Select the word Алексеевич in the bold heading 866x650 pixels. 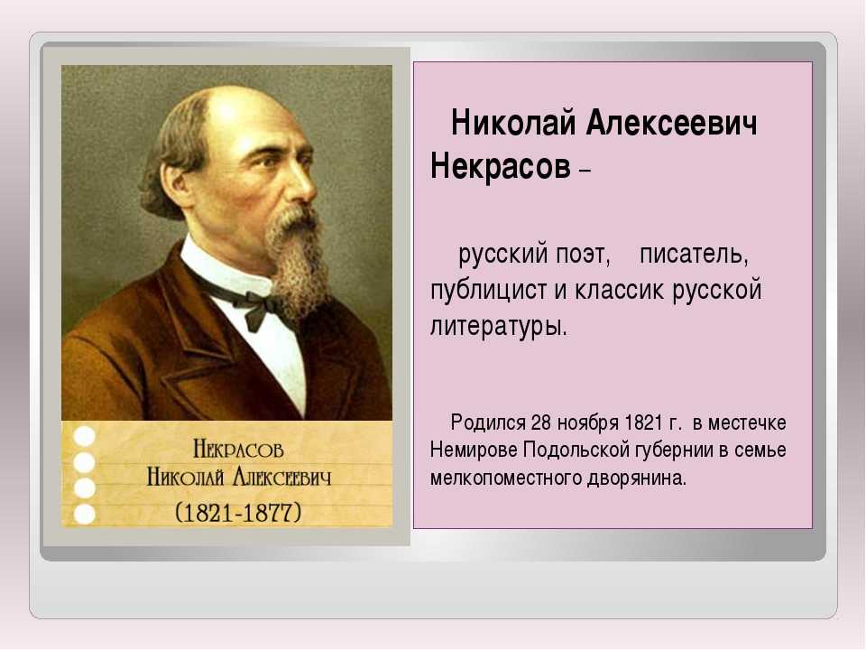point(671,123)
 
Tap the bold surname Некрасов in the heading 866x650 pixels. point(500,165)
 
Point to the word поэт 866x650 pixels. point(584,255)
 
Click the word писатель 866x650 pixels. point(695,255)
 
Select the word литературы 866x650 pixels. point(499,326)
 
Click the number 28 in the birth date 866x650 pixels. point(541,422)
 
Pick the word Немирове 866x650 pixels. point(474,450)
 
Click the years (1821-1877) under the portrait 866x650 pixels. point(238,513)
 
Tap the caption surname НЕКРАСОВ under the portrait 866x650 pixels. point(238,450)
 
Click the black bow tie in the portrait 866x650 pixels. point(260,310)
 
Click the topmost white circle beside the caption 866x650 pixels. point(85,437)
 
